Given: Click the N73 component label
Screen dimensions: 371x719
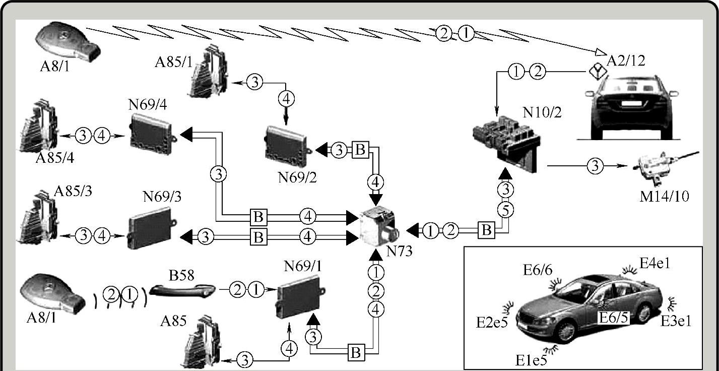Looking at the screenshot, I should (x=399, y=251).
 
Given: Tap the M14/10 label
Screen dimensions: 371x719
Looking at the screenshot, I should (x=664, y=195).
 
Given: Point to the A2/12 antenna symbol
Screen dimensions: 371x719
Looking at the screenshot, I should (x=596, y=72).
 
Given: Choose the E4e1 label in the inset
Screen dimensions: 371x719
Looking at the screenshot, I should (x=655, y=263).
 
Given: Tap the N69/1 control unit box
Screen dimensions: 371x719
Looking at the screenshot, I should (x=299, y=298).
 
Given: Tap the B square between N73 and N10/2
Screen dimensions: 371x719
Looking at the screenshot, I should (x=486, y=230).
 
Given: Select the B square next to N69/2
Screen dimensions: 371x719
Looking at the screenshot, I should (x=360, y=150).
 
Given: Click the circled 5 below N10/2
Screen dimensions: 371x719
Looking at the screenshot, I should (x=505, y=209).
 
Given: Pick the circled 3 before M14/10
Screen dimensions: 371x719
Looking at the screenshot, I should (x=595, y=165).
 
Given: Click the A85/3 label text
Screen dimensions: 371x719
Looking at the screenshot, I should (x=72, y=193).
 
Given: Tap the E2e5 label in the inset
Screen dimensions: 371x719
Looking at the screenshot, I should (x=491, y=321).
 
